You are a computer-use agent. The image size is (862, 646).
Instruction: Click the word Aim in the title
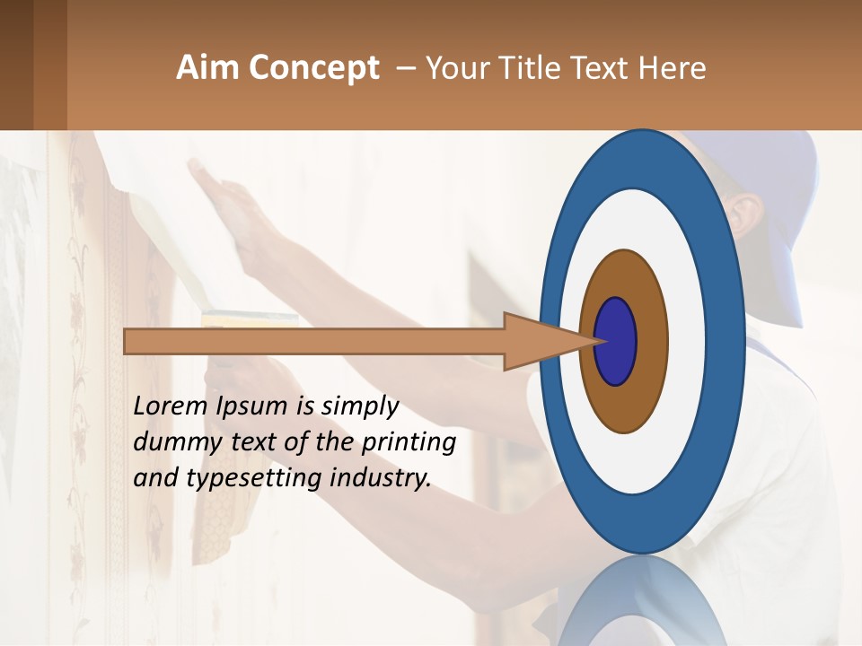click(x=208, y=68)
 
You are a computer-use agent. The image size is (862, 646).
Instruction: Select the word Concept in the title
click(x=313, y=68)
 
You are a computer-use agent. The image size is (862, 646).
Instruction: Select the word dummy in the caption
click(x=175, y=442)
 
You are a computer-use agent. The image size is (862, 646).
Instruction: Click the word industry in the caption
click(x=381, y=478)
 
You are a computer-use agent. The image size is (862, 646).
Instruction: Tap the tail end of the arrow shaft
click(x=130, y=341)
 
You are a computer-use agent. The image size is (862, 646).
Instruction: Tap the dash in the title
click(x=405, y=68)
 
